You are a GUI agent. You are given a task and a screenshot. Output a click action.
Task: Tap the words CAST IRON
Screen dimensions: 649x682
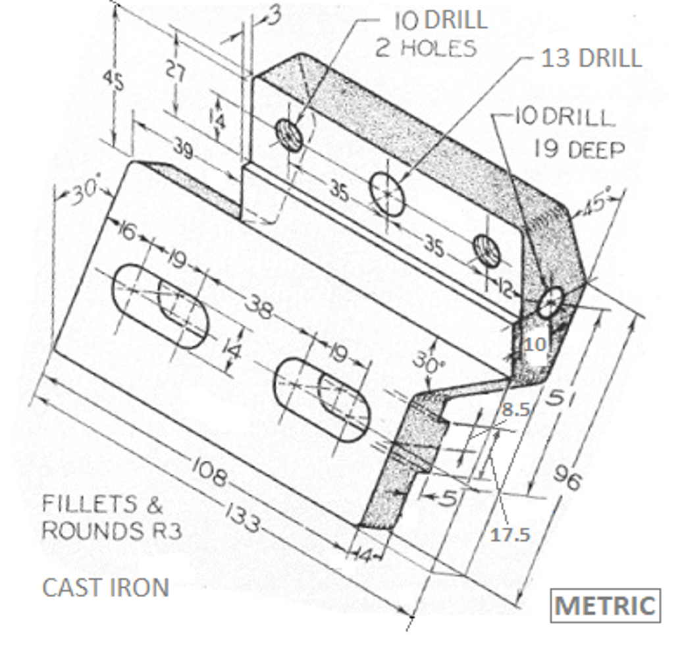(105, 587)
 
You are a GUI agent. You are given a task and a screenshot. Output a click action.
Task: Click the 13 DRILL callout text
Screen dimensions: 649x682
(590, 59)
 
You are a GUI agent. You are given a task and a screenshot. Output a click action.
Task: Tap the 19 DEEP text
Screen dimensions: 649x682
(579, 150)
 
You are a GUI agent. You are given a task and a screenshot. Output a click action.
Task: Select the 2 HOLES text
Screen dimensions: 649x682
(425, 48)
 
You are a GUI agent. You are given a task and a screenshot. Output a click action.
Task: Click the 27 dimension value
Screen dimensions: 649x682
(175, 71)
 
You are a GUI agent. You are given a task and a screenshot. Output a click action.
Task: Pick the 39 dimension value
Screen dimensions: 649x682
(184, 151)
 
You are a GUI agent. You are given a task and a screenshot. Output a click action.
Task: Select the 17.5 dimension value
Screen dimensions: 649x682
(510, 534)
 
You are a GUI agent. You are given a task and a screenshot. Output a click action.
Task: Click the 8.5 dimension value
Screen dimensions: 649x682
(515, 409)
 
